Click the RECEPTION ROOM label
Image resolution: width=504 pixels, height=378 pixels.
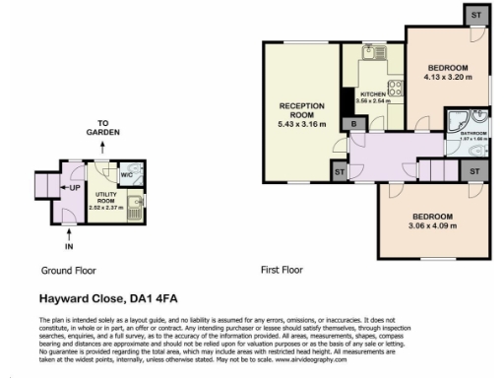point(301,105)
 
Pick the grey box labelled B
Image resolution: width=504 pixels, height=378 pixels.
point(352,124)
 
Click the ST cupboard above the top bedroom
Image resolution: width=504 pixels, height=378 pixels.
point(474,17)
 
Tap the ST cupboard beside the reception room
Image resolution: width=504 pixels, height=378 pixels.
point(339,172)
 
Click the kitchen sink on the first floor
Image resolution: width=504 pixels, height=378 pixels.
point(372,53)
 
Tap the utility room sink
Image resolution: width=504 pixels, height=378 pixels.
point(138,207)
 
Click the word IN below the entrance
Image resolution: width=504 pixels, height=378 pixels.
point(69,247)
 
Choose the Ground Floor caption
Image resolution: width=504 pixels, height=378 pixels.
point(68,270)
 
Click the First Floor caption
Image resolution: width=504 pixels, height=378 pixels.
point(283,270)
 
